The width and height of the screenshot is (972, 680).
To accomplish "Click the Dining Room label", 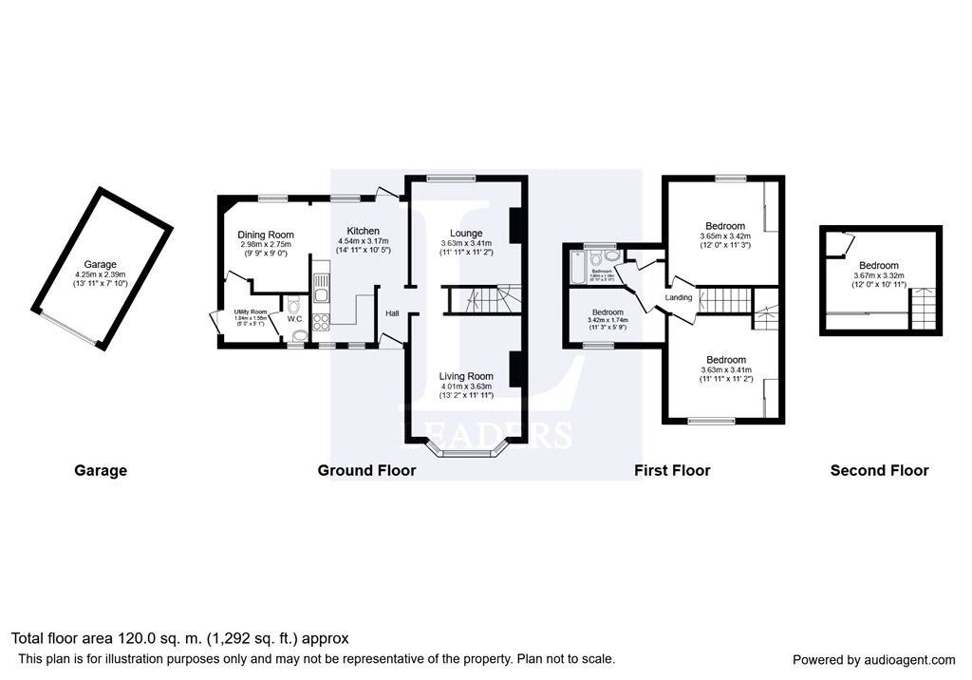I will [x=266, y=235].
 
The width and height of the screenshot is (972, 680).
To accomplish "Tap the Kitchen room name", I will [x=363, y=231].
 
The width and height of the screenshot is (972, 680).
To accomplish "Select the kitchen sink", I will [x=321, y=282].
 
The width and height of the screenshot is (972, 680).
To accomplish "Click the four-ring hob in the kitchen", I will [x=321, y=321].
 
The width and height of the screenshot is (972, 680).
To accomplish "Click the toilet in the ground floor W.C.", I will [x=293, y=304].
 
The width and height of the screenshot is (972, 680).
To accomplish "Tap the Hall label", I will [x=392, y=312].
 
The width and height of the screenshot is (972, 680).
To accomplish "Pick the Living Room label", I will [x=465, y=376].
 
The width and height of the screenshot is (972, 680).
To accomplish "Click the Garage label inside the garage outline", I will [x=100, y=265].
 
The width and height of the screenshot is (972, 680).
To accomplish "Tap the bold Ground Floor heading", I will [x=366, y=470].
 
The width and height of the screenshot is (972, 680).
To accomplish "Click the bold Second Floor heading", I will [x=879, y=470].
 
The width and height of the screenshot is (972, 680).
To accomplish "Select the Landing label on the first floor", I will [x=679, y=297].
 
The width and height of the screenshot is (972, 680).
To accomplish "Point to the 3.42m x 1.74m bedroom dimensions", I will [x=607, y=320].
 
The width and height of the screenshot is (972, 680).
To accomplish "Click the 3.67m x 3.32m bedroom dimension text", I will [x=878, y=275].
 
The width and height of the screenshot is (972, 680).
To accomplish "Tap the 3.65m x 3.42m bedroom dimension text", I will [x=725, y=236].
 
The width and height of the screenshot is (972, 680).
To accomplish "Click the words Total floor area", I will [x=62, y=638].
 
